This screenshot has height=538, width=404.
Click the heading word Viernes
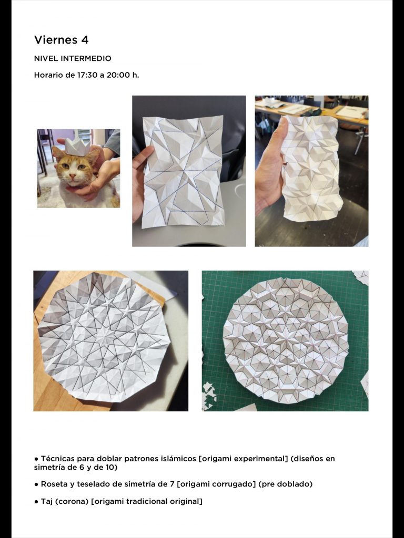[56, 40]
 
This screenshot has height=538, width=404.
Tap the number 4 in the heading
[85, 40]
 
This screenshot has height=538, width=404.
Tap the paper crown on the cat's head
[78, 146]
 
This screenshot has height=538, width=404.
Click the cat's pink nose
[72, 175]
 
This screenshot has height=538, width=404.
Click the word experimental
[264, 459]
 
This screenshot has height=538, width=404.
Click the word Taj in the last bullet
[47, 502]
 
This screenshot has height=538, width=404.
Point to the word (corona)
[72, 502]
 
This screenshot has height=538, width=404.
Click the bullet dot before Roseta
[36, 484]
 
